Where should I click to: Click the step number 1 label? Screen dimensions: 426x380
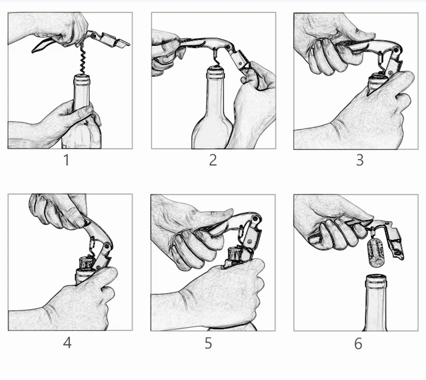(67, 160)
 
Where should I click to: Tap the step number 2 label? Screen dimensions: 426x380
(213, 160)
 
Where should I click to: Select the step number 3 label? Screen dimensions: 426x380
(360, 160)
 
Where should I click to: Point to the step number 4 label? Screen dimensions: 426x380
(67, 343)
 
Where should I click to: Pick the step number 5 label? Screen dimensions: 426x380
(208, 343)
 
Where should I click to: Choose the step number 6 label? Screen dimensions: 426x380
(358, 344)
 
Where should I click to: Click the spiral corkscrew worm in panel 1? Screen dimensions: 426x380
(83, 60)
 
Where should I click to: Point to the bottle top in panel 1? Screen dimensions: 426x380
(82, 79)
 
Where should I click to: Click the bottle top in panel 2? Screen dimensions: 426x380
(216, 72)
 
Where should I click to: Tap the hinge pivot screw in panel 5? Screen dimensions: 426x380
(255, 218)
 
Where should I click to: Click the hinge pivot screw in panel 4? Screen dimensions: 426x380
(107, 246)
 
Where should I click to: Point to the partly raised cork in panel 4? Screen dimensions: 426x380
(87, 263)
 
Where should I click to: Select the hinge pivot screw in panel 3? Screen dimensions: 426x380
(396, 51)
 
